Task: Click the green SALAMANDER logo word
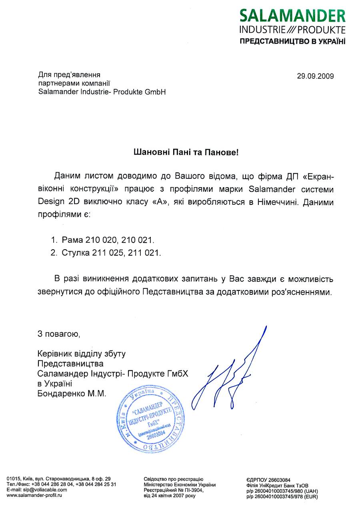point(292,16)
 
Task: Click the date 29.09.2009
point(315,76)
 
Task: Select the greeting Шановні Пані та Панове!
point(186,152)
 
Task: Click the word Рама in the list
point(72,240)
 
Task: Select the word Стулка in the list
point(76,253)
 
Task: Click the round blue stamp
point(151,419)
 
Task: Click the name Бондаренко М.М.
point(72,394)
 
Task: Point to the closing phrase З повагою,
point(56,334)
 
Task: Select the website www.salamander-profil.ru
point(34,495)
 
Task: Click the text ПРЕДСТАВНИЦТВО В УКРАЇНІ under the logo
point(292,42)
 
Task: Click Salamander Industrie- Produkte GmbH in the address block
point(102,92)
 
